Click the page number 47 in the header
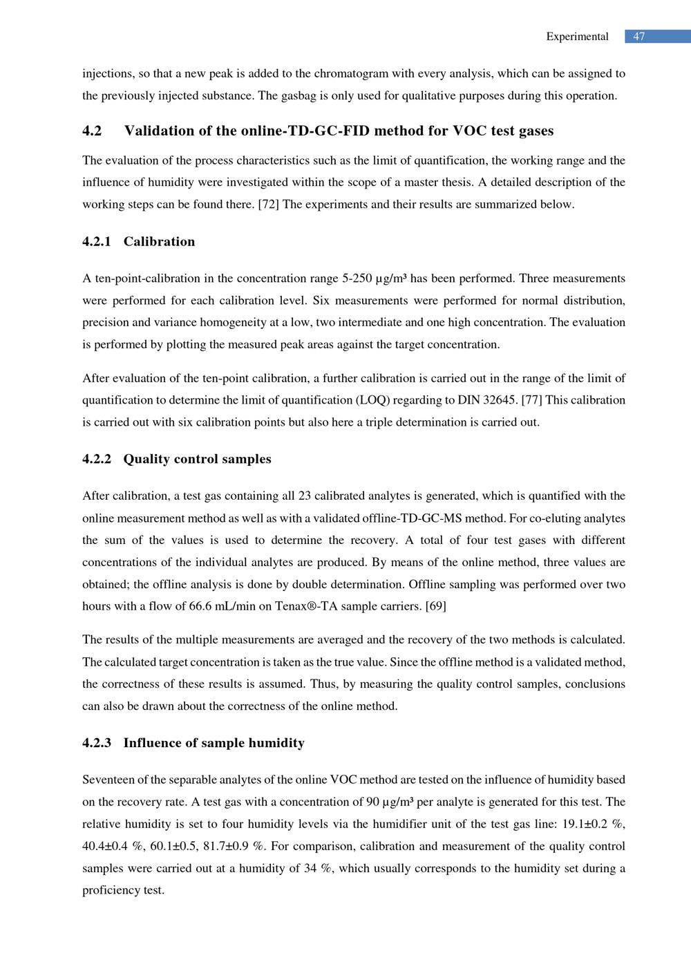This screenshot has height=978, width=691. [x=639, y=37]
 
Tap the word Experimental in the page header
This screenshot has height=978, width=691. [x=577, y=37]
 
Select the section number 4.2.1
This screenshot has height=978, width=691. [x=97, y=241]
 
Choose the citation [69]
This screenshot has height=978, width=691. [x=435, y=606]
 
